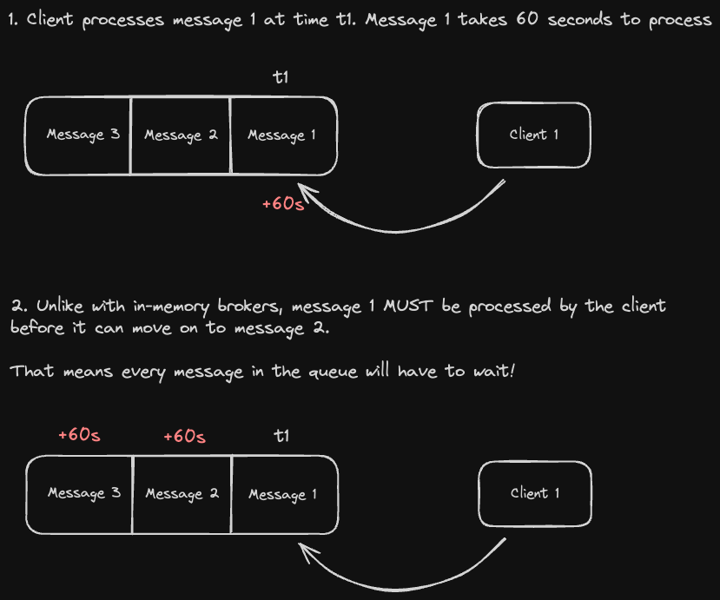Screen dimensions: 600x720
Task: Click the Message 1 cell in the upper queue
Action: (282, 135)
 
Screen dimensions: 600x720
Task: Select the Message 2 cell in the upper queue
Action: (180, 135)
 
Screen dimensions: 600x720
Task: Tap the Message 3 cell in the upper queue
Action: (82, 135)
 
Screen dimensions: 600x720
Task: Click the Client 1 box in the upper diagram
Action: (533, 135)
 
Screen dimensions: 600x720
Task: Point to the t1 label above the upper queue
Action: (281, 78)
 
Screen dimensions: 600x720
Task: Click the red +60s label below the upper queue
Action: (283, 205)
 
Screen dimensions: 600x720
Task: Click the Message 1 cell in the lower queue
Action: (283, 494)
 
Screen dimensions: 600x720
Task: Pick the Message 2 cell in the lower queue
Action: (182, 494)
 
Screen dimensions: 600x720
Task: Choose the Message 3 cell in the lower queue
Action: (83, 493)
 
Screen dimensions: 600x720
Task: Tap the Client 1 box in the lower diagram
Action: (535, 493)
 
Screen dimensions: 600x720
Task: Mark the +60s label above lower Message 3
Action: (79, 435)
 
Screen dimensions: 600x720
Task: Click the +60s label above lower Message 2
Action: (184, 436)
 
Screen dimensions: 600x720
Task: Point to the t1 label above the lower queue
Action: (281, 436)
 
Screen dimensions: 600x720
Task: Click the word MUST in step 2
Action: (404, 307)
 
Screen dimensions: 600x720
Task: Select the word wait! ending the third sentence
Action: (493, 372)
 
